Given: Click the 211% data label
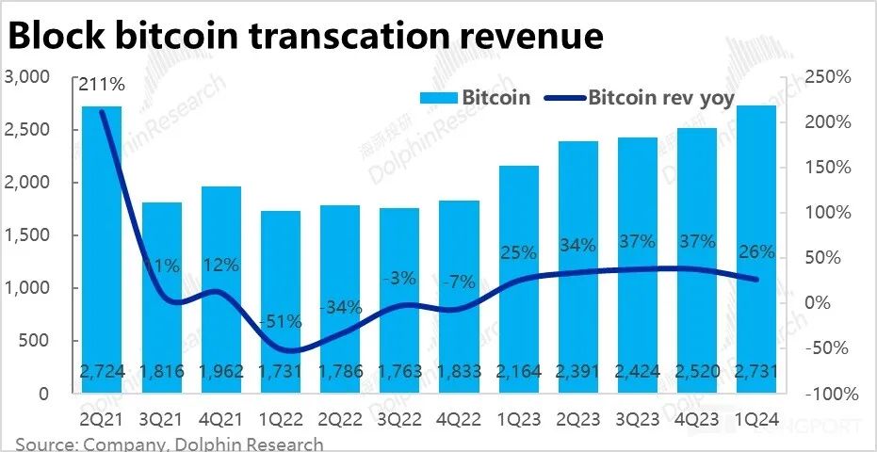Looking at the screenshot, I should click(x=101, y=85).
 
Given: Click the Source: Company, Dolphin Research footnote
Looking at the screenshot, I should click(x=170, y=444).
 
